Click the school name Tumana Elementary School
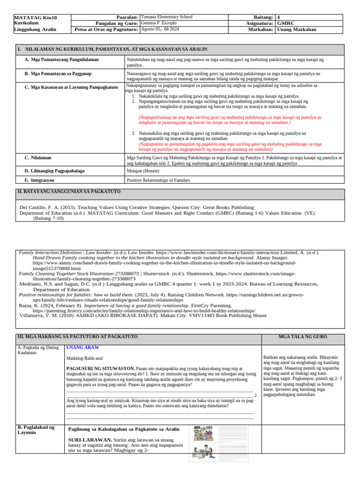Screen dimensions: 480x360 [166, 17]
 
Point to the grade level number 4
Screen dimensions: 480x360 [279, 17]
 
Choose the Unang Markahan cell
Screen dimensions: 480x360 [297, 30]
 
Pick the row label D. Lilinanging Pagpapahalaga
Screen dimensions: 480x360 [54, 171]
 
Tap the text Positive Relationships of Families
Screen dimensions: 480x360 [158, 180]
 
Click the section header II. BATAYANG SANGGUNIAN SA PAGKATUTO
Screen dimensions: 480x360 [69, 192]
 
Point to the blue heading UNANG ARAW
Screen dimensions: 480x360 [82, 348]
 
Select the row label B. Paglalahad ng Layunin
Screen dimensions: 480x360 [36, 430]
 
